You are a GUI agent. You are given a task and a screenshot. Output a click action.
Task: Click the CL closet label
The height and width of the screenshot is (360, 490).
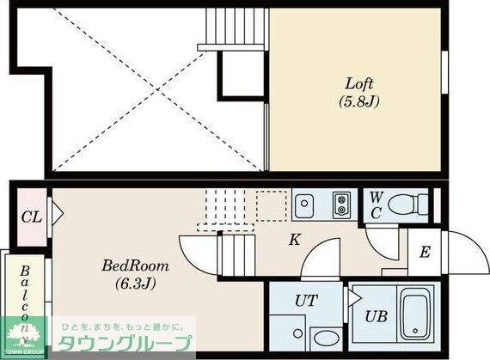click(30, 215)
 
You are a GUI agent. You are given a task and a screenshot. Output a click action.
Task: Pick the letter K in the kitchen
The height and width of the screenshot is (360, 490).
click(294, 239)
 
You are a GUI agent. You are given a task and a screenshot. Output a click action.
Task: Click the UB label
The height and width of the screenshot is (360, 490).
click(375, 315)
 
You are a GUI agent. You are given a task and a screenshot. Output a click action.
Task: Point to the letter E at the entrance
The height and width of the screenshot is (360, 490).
click(425, 253)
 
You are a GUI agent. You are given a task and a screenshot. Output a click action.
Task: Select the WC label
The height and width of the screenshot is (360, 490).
click(375, 206)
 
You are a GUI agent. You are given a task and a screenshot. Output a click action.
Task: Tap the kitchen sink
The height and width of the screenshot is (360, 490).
click(304, 206)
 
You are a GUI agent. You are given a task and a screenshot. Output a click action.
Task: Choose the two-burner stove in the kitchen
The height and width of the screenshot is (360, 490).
click(340, 205)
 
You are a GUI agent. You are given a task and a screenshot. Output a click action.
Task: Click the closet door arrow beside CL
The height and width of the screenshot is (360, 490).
click(55, 211)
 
